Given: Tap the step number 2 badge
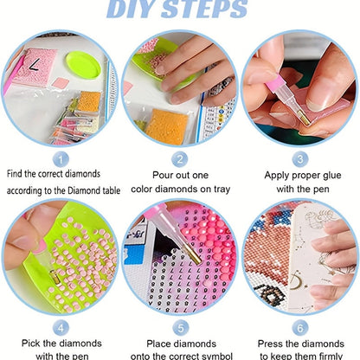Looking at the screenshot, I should coord(180,159).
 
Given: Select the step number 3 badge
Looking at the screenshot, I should coord(299,159).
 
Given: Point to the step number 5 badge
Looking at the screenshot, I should coord(180,328).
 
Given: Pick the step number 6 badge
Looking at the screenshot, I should coord(299,328).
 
